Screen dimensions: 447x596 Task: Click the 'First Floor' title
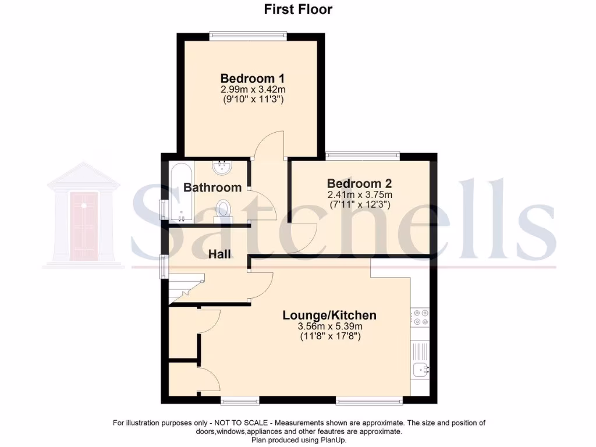coord(297,9)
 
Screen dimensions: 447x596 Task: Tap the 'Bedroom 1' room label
coord(247,79)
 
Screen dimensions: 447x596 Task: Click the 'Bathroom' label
coord(212,187)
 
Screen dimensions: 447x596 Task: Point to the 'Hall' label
coord(219,254)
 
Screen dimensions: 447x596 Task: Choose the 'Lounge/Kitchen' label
coord(329,315)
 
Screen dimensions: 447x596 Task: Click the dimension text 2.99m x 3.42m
coord(253,90)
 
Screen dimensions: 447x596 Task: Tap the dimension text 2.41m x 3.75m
coord(359,194)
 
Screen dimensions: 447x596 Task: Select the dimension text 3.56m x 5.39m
coord(329,327)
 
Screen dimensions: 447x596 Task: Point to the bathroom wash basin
coord(222,168)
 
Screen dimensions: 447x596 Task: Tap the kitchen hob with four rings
coord(420,318)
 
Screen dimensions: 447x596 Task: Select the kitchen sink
coord(420,368)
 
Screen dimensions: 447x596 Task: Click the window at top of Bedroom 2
coord(363,155)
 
